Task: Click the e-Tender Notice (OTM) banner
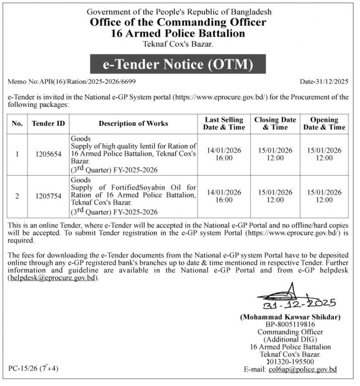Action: click(177, 65)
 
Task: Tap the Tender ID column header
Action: click(48, 124)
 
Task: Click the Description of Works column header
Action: click(133, 124)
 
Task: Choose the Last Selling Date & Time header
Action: click(224, 124)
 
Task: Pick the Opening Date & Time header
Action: click(324, 124)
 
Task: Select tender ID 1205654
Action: click(48, 154)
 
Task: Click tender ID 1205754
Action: click(48, 196)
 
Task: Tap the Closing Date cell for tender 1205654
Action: click(275, 154)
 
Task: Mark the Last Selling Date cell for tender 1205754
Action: click(224, 196)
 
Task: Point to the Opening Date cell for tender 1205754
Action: click(324, 196)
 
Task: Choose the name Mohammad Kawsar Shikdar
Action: click(290, 317)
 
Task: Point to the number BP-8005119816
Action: click(290, 324)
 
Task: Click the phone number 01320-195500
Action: click(293, 362)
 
